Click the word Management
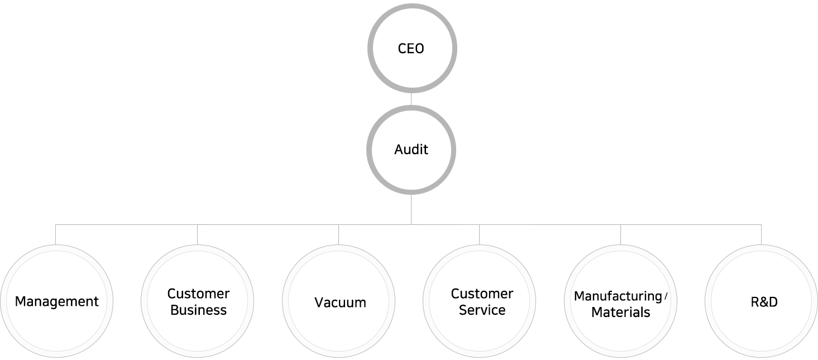click(x=56, y=302)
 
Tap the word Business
click(x=198, y=310)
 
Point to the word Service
click(x=482, y=310)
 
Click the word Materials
click(x=620, y=313)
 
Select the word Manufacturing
click(x=618, y=296)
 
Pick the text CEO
click(x=411, y=49)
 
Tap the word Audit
click(x=411, y=150)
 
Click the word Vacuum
click(x=340, y=303)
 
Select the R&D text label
click(x=764, y=303)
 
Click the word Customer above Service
click(x=482, y=294)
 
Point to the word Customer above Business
click(x=198, y=294)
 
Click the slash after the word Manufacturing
click(x=666, y=296)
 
